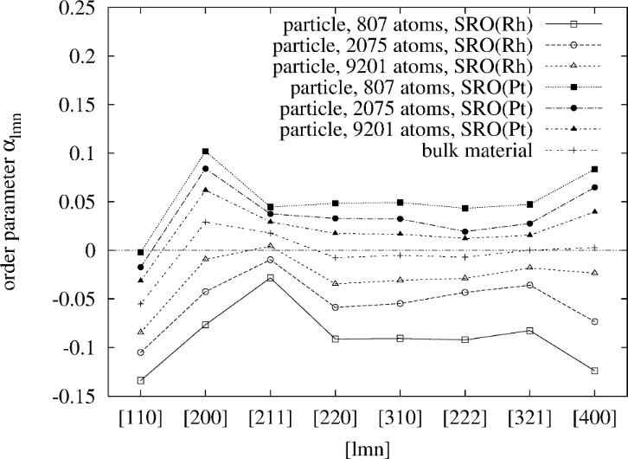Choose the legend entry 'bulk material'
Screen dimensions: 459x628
(484, 152)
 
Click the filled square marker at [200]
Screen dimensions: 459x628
(206, 151)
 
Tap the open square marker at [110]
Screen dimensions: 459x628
(141, 380)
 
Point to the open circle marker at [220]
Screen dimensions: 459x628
(336, 307)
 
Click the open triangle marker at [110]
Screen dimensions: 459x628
(141, 332)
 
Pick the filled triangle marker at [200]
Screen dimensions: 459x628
(206, 190)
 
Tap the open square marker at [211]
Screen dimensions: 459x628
(271, 277)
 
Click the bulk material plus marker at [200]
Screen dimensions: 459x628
(206, 222)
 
